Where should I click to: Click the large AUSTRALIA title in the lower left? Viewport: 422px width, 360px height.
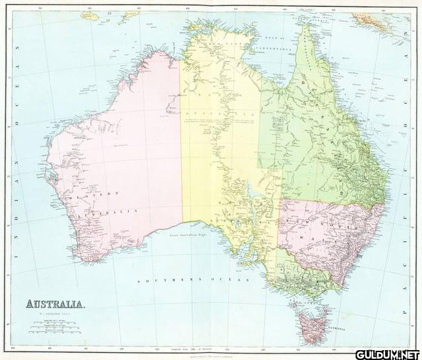click(x=55, y=305)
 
